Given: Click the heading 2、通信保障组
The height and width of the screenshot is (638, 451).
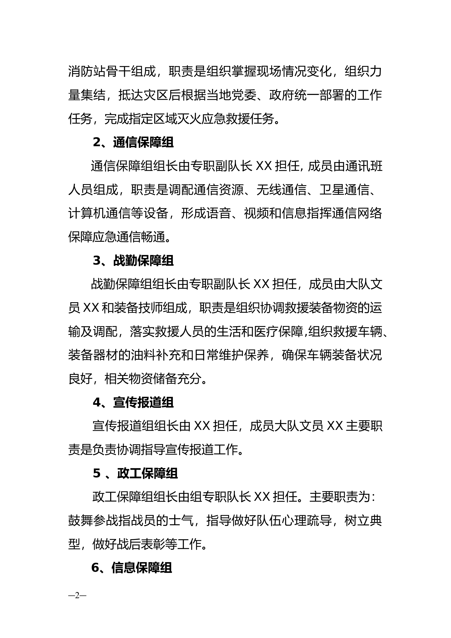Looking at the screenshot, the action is (133, 143).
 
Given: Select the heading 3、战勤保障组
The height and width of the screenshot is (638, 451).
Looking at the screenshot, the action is (133, 261).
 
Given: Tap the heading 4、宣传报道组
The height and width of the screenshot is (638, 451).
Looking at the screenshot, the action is (133, 403).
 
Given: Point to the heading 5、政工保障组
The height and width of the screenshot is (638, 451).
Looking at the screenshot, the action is (135, 474).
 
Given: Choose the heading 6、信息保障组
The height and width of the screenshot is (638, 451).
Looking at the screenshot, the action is (132, 568).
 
